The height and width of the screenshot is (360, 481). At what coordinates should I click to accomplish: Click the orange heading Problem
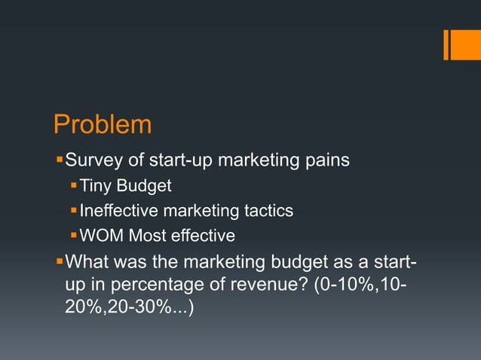coord(103,124)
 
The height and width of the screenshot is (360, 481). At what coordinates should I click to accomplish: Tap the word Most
coord(147,236)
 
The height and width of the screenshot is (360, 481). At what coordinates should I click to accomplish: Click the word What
coord(87,263)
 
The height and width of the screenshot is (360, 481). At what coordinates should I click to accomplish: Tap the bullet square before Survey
coord(60,160)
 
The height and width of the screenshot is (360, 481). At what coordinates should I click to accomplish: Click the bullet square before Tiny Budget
coord(73,185)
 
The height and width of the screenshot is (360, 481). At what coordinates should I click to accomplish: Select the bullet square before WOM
coord(73,236)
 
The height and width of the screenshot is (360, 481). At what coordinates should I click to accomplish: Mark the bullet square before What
coord(60,263)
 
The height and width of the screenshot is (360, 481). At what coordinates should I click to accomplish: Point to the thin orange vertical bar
coord(446,44)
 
